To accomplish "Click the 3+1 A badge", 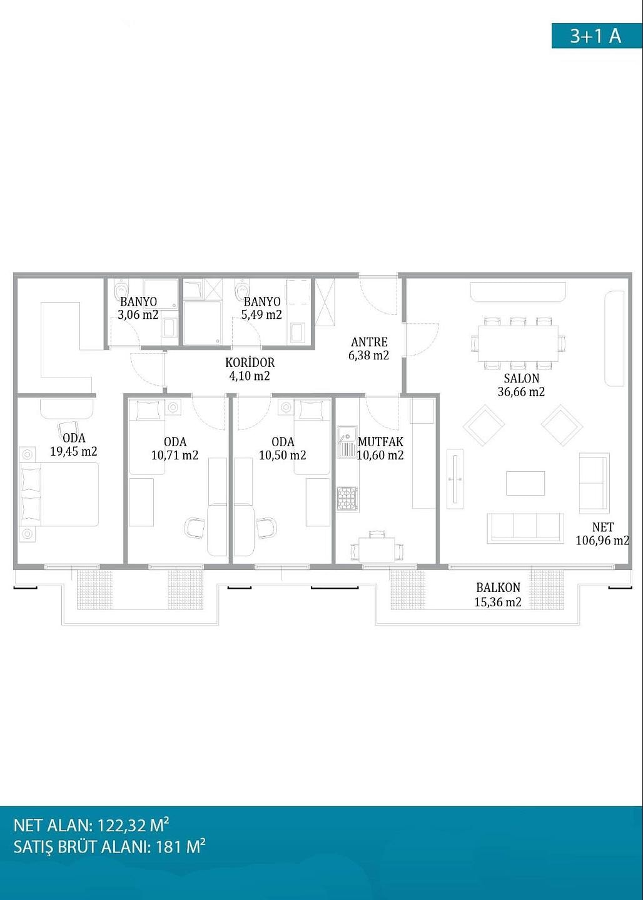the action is pos(597,36).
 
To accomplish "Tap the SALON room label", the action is pos(522,378).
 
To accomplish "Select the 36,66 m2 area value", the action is pos(521,392).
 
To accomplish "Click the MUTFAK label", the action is pos(380,442).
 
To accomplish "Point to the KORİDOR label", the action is pos(250,362).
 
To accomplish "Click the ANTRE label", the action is pos(369,342).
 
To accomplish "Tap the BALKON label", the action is pos(499,587).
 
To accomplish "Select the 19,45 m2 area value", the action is pos(74,452).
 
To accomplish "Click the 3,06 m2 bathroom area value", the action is pos(138,314).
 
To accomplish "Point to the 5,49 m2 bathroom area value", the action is pos(261,314).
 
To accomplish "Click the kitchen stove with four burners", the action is pos(347,499).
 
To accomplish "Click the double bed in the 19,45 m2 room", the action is pos(59,494).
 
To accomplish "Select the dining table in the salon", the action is pos(519,344).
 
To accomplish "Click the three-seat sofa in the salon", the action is pos(525,527).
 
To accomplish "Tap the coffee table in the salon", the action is pos(525,483).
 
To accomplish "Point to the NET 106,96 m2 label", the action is pos(602,534).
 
